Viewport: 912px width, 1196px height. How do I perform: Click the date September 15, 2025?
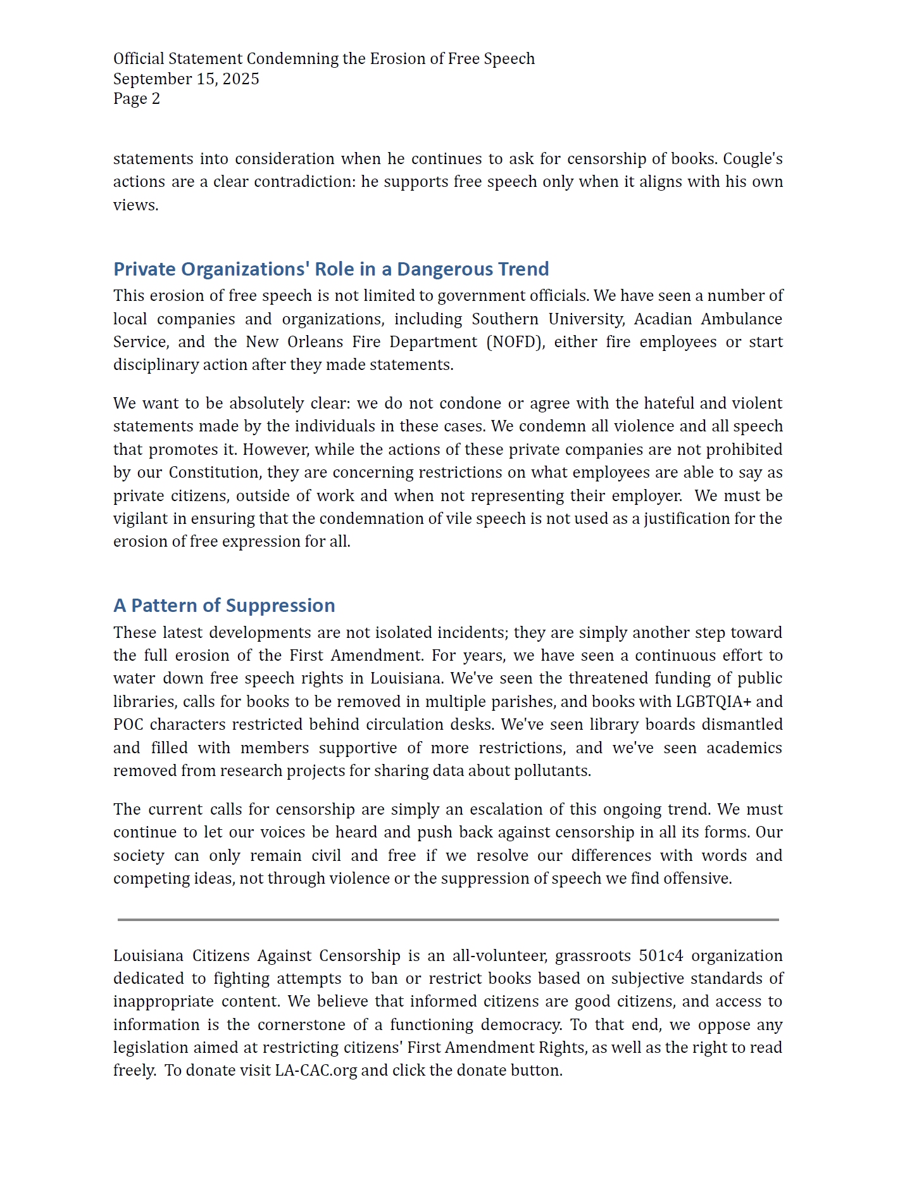coord(186,79)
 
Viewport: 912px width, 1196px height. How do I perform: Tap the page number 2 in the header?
coord(156,99)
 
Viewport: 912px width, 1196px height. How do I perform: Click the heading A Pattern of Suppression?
coord(224,606)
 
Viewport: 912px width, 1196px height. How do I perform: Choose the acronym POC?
coord(128,725)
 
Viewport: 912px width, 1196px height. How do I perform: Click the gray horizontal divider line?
coord(448,919)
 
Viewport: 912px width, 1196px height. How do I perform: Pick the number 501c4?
coord(661,956)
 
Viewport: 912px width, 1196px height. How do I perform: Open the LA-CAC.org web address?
coord(316,1071)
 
